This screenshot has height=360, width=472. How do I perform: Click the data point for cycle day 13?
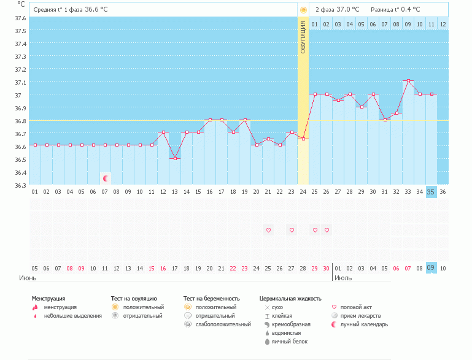(x=175, y=159)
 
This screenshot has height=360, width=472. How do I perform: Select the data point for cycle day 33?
(x=408, y=81)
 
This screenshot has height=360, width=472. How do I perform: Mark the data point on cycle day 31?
(x=385, y=120)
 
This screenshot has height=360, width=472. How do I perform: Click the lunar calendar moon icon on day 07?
(x=106, y=178)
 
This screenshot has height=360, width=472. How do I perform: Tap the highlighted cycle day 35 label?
(x=431, y=192)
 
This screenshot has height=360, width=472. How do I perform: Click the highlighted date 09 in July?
(x=431, y=268)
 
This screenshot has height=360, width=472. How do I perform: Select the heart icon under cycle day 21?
(x=268, y=230)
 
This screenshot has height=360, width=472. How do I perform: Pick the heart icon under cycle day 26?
(x=327, y=230)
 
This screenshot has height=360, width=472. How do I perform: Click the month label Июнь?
(x=28, y=278)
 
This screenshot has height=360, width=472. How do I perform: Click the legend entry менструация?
(x=60, y=307)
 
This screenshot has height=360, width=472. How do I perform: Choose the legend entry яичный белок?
(x=286, y=342)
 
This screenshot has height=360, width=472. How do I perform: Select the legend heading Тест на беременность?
(x=212, y=299)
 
